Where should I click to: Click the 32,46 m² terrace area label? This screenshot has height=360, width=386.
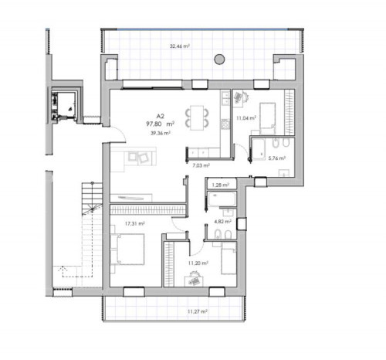pyautogui.click(x=180, y=46)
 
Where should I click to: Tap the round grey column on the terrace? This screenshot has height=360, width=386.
pyautogui.click(x=219, y=59)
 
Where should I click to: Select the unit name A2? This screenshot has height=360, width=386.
pyautogui.click(x=161, y=117)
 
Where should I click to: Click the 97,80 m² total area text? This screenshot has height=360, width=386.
pyautogui.click(x=161, y=124)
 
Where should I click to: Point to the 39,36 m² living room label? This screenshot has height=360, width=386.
pyautogui.click(x=161, y=133)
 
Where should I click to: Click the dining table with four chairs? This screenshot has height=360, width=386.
pyautogui.click(x=197, y=117)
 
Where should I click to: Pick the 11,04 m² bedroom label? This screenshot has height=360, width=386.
pyautogui.click(x=246, y=118)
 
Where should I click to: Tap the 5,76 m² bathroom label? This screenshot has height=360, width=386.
pyautogui.click(x=277, y=158)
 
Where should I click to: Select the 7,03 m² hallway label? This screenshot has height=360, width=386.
pyautogui.click(x=201, y=165)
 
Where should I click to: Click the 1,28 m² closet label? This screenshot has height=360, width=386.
pyautogui.click(x=221, y=185)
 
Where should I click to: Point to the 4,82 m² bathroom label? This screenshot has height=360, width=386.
pyautogui.click(x=222, y=221)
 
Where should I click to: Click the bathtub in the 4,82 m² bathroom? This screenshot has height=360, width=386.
pyautogui.click(x=222, y=199)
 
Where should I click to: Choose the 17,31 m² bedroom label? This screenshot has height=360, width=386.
pyautogui.click(x=134, y=224)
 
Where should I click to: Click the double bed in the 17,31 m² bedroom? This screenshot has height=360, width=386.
pyautogui.click(x=127, y=249)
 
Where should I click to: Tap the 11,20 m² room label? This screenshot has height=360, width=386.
pyautogui.click(x=198, y=263)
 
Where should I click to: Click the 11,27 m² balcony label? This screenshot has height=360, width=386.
pyautogui.click(x=198, y=311)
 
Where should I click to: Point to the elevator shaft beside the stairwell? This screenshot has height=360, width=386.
pyautogui.click(x=66, y=106)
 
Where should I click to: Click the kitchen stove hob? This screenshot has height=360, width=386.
pyautogui.click(x=225, y=124)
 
